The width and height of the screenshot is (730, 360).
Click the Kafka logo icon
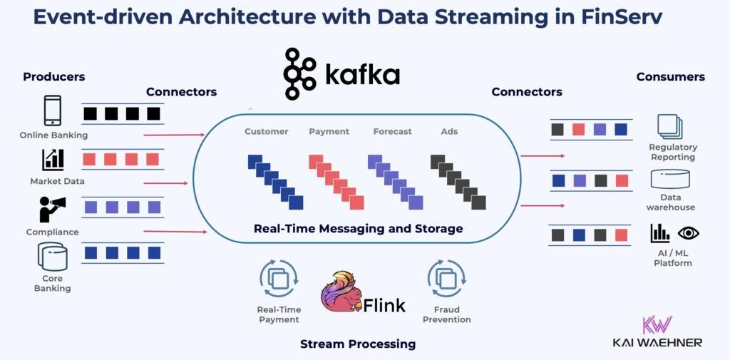[x=300, y=74]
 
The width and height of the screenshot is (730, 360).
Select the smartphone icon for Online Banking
[x=53, y=110]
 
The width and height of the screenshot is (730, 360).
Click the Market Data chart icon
[x=53, y=159]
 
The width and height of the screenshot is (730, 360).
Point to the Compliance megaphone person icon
[x=53, y=210]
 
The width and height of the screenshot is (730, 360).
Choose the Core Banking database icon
[x=53, y=257]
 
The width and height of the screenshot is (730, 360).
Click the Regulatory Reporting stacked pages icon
[x=670, y=127]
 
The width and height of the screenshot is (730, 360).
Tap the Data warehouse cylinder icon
[x=670, y=178]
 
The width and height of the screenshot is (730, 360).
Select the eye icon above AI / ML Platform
[x=688, y=232]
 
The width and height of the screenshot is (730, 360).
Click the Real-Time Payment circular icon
[x=279, y=279]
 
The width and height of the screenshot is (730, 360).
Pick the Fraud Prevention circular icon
[x=446, y=279]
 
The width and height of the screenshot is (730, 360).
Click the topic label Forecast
[x=392, y=132]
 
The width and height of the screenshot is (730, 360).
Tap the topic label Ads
[x=451, y=132]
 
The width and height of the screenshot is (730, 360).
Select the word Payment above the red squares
[x=329, y=132]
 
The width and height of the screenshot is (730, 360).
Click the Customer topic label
[x=266, y=132]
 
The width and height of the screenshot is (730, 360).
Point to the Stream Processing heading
[x=357, y=344]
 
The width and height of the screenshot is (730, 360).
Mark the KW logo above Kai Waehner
[x=657, y=324]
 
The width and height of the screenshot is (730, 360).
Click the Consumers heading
[x=670, y=77]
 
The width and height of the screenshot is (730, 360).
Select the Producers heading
[x=53, y=77]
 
